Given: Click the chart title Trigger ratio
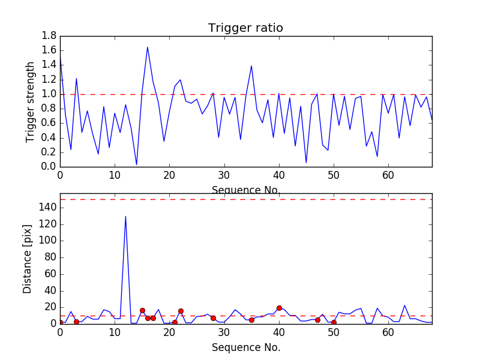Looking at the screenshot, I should pyautogui.click(x=245, y=28).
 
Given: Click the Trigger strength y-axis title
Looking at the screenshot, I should pyautogui.click(x=31, y=101).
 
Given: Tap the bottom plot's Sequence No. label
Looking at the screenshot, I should pyautogui.click(x=245, y=347).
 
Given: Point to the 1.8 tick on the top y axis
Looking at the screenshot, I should pyautogui.click(x=49, y=36).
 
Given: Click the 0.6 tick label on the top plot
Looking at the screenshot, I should pyautogui.click(x=49, y=123).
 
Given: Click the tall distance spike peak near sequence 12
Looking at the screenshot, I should pyautogui.click(x=125, y=216).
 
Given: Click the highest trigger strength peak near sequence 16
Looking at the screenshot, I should pyautogui.click(x=148, y=47).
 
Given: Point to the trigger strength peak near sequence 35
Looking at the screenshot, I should pyautogui.click(x=251, y=66).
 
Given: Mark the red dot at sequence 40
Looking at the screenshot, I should pyautogui.click(x=279, y=308).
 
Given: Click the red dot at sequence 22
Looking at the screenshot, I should pyautogui.click(x=181, y=311).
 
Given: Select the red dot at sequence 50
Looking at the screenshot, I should pyautogui.click(x=334, y=322).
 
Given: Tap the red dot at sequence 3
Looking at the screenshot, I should pyautogui.click(x=76, y=322).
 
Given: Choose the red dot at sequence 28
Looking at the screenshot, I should pyautogui.click(x=213, y=318).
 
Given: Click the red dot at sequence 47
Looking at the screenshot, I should pyautogui.click(x=317, y=320).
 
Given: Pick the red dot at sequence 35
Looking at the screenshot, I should pyautogui.click(x=251, y=320).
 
